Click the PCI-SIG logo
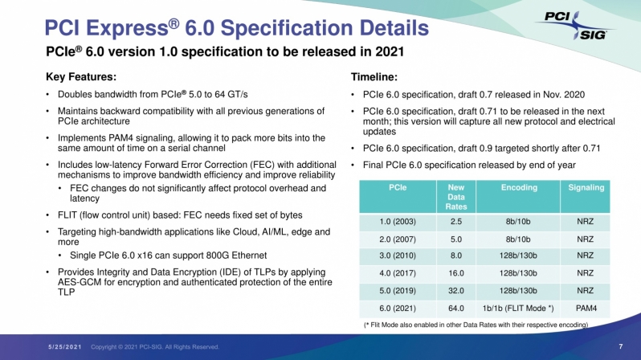576,26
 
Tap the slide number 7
621,346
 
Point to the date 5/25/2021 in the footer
65,347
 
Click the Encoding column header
519,187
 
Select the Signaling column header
586,187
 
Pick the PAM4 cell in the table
586,308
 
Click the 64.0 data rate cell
455,308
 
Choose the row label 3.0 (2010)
398,256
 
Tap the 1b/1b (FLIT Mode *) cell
518,308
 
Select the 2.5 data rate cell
455,221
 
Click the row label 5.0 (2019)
398,290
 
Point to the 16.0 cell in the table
455,273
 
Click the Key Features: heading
81,77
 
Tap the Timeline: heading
374,77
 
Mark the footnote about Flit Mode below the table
476,325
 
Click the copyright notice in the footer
155,347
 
